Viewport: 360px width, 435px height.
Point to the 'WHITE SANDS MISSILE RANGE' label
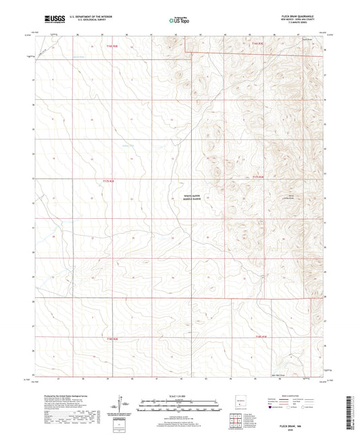point(191,198)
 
